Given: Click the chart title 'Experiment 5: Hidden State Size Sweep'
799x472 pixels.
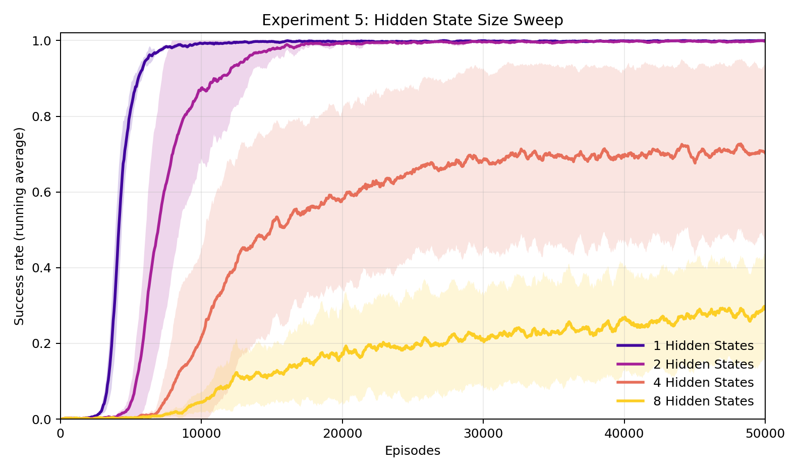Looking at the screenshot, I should point(412,20).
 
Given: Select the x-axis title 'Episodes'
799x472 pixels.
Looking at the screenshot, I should point(412,451).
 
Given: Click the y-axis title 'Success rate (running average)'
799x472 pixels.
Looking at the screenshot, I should point(19,226).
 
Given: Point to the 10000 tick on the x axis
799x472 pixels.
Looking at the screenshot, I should point(201,434).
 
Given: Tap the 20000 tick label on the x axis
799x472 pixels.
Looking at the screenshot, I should point(342,434).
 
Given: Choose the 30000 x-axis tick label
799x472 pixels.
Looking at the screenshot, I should point(483,434).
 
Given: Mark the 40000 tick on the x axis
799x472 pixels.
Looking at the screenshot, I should point(624,434).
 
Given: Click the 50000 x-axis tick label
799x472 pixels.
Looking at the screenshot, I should point(765,434).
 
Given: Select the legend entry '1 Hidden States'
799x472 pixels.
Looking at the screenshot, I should point(703,346).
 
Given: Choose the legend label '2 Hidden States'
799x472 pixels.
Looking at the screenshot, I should point(703,364).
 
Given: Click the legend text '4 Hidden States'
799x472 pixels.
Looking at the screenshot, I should point(703,383).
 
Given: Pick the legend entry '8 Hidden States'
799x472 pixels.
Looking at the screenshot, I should point(703,401).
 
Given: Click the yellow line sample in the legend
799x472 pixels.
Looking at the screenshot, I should point(631,401).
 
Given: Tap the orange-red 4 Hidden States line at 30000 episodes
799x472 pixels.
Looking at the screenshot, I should point(483,160).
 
